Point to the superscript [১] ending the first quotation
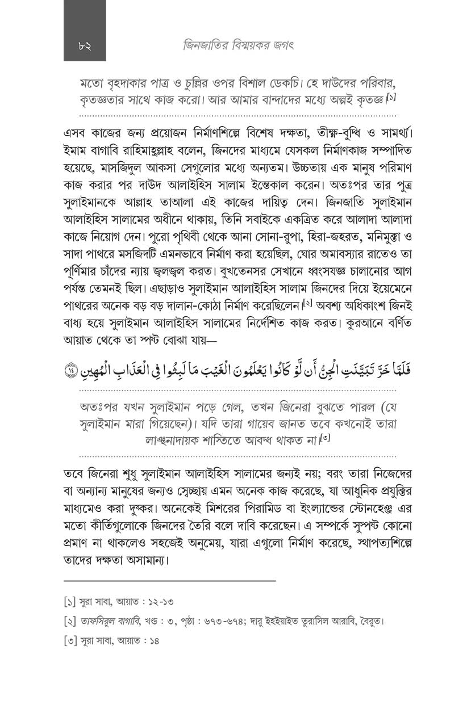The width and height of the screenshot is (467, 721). [x=391, y=98]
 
